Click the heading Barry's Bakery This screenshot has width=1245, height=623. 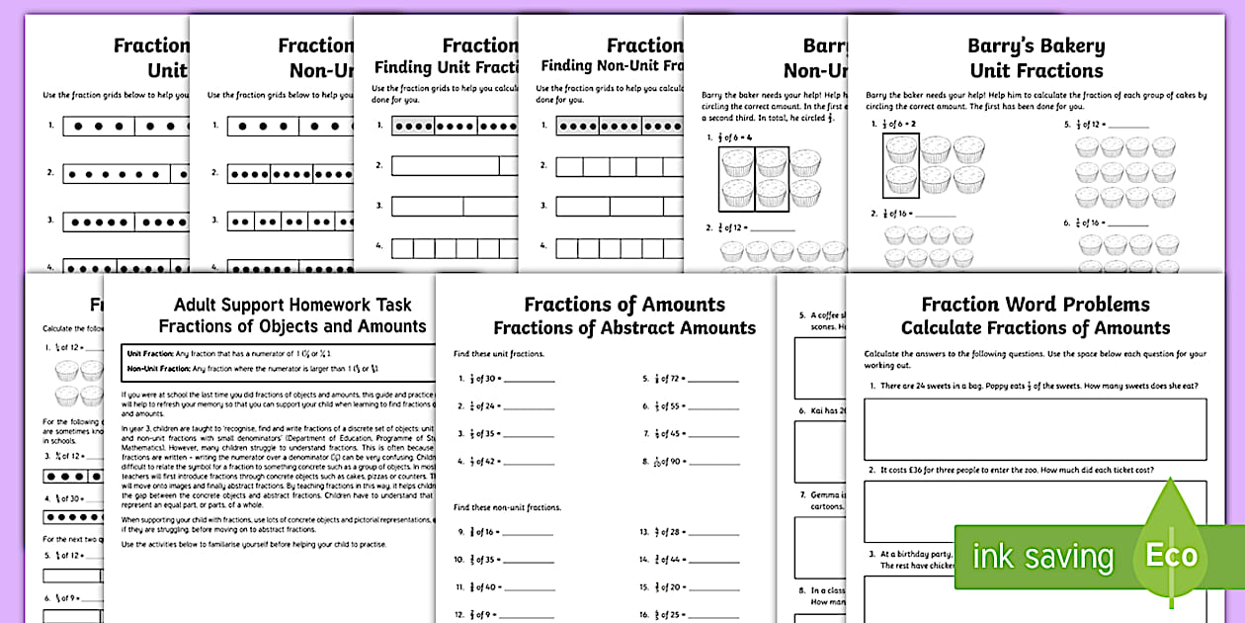click(x=1037, y=45)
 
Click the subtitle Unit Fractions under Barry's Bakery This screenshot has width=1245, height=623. click(x=1037, y=71)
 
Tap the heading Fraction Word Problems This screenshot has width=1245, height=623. click(x=1036, y=305)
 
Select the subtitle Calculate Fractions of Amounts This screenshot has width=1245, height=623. click(x=1036, y=328)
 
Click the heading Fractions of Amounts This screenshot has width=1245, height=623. click(x=624, y=305)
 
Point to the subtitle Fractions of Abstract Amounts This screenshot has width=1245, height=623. click(x=624, y=328)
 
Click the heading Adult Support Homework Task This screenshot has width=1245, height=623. click(x=292, y=305)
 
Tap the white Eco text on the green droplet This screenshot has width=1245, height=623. click(x=1171, y=555)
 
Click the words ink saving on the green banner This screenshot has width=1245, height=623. click(x=1042, y=557)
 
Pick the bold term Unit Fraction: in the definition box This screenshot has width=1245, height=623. click(x=147, y=352)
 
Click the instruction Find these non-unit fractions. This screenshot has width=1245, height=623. click(x=507, y=507)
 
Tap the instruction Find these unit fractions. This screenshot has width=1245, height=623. click(x=498, y=353)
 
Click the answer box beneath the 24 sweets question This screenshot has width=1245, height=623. click(x=1035, y=429)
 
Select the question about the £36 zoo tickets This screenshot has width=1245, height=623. click(x=1018, y=470)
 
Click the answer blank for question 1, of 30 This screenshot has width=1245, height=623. click(x=530, y=379)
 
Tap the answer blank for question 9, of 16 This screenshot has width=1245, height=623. click(x=530, y=532)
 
